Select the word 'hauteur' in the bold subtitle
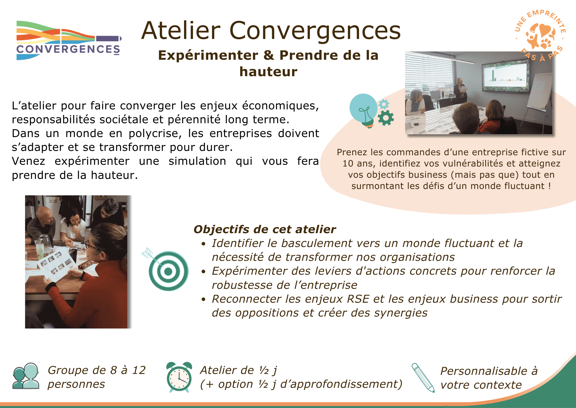(x=268, y=72)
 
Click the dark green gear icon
(x=386, y=118)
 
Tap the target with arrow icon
(x=166, y=269)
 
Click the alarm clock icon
(x=179, y=377)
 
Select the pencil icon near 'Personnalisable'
(x=423, y=378)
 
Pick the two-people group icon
(x=26, y=376)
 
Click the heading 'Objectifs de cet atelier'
(x=265, y=229)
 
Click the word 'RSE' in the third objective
(x=358, y=299)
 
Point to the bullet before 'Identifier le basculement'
(x=204, y=244)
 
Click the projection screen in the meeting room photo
(x=505, y=77)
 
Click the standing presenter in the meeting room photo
(x=460, y=91)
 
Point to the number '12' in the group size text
(x=139, y=370)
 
